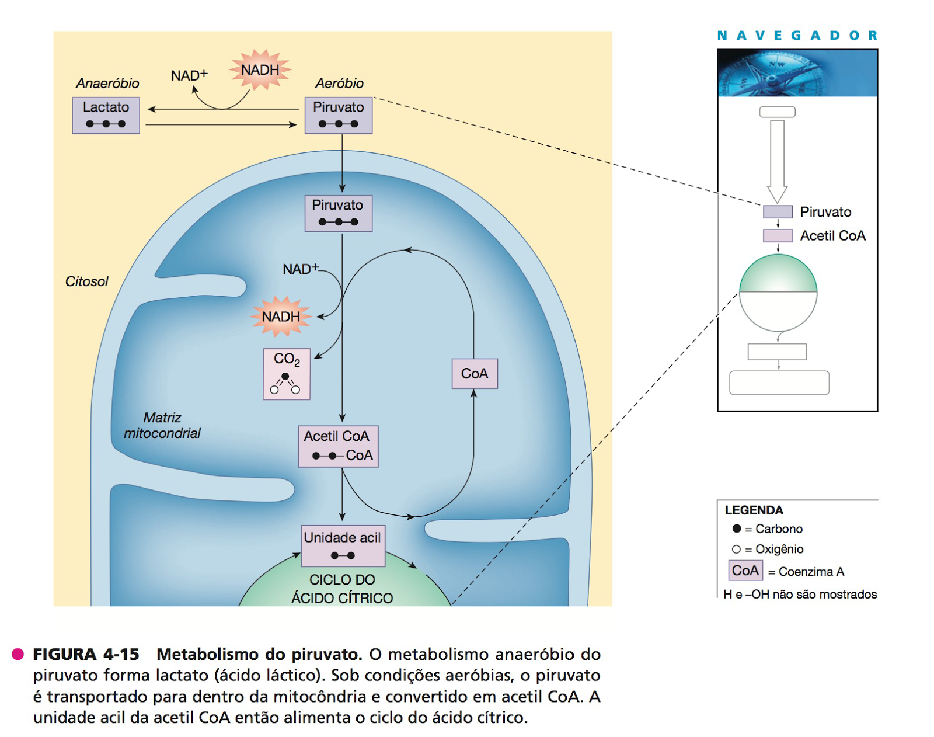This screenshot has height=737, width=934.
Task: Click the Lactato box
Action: pyautogui.click(x=106, y=115)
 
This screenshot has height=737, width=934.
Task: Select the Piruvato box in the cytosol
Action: pyautogui.click(x=339, y=115)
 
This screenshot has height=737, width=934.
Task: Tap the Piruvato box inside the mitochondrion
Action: pyautogui.click(x=339, y=213)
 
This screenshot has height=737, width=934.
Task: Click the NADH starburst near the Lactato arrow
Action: pyautogui.click(x=260, y=70)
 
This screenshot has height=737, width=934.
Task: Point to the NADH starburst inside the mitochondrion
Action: pyautogui.click(x=281, y=317)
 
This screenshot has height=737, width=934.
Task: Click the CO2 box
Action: pyautogui.click(x=287, y=374)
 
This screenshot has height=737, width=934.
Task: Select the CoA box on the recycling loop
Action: pyautogui.click(x=475, y=373)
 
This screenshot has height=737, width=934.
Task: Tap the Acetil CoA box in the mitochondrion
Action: pyautogui.click(x=338, y=446)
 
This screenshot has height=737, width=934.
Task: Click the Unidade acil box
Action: pyautogui.click(x=343, y=545)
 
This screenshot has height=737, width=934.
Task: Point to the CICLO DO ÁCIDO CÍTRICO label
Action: pyautogui.click(x=342, y=589)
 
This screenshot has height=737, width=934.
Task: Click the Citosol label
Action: pyautogui.click(x=86, y=281)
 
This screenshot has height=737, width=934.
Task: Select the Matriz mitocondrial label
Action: pyautogui.click(x=162, y=426)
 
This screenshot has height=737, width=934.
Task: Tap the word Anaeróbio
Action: pyautogui.click(x=107, y=84)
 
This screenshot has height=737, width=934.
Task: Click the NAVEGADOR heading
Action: pyautogui.click(x=797, y=36)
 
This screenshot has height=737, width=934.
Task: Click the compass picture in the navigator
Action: pyautogui.click(x=797, y=73)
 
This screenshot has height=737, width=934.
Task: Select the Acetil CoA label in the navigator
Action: pyautogui.click(x=832, y=236)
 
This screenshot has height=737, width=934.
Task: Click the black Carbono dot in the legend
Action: pyautogui.click(x=737, y=529)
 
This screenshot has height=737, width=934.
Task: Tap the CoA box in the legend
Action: pyautogui.click(x=745, y=571)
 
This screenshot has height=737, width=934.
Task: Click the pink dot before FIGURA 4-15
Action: pyautogui.click(x=18, y=654)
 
